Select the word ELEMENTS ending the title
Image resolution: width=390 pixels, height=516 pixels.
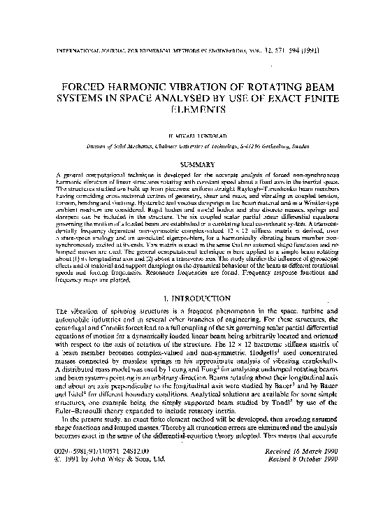point(195,109)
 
